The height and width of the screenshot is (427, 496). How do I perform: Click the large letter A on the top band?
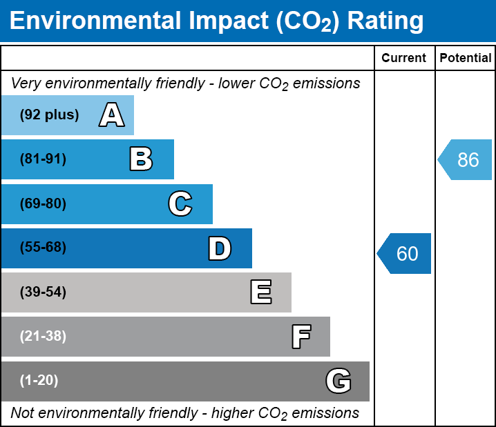[x=112, y=115]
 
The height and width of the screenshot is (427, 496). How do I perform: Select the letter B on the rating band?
[x=141, y=159]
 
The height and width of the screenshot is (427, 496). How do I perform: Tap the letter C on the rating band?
[x=180, y=204]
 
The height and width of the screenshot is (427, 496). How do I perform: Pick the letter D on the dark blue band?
[x=220, y=248]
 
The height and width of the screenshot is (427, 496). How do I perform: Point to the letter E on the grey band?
[x=260, y=292]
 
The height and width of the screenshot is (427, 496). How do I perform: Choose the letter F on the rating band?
[x=301, y=337]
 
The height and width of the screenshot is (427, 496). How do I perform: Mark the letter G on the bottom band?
[x=338, y=381]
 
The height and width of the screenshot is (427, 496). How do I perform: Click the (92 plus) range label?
[x=49, y=115]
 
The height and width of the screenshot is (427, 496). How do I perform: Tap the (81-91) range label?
[x=43, y=159]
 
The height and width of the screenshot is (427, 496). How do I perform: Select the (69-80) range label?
[x=43, y=204]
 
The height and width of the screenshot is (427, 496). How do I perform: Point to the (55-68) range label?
[x=43, y=248]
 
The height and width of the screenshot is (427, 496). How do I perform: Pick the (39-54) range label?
[x=43, y=292]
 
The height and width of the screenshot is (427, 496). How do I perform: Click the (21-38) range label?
[x=43, y=337]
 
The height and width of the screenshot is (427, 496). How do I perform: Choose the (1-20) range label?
[x=39, y=381]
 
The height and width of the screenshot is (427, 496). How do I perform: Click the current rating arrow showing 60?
[x=406, y=253]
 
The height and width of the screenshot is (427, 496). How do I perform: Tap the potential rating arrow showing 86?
[x=466, y=160]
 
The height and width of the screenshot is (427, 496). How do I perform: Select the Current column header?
[x=404, y=59]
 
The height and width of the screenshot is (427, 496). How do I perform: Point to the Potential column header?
[x=466, y=59]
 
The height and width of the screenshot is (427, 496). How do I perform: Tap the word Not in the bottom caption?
[x=22, y=413]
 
